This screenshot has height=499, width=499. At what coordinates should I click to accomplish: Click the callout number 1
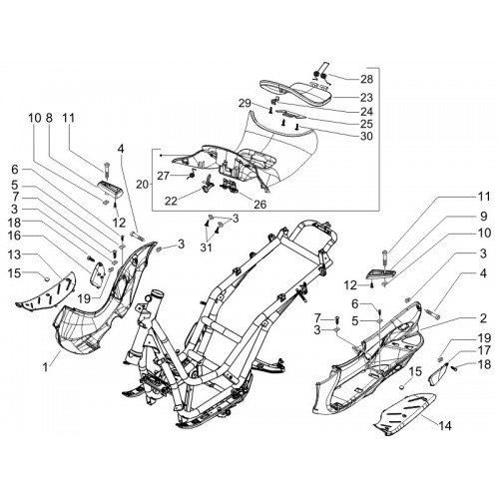pyautogui.click(x=45, y=368)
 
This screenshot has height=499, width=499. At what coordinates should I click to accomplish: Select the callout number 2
pyautogui.click(x=483, y=318)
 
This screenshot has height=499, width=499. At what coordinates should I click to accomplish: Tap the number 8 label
pyautogui.click(x=49, y=118)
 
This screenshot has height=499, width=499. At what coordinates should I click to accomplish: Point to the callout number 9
pyautogui.click(x=483, y=217)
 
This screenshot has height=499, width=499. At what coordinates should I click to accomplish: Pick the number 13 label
pyautogui.click(x=15, y=254)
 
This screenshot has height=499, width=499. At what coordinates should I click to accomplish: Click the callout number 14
pyautogui.click(x=445, y=425)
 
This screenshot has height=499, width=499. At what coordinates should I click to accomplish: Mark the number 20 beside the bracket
pyautogui.click(x=143, y=185)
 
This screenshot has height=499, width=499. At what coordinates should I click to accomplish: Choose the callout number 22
pyautogui.click(x=171, y=202)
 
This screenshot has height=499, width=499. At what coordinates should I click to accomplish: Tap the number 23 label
pyautogui.click(x=366, y=98)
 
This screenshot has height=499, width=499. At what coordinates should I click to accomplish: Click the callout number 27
pyautogui.click(x=164, y=176)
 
